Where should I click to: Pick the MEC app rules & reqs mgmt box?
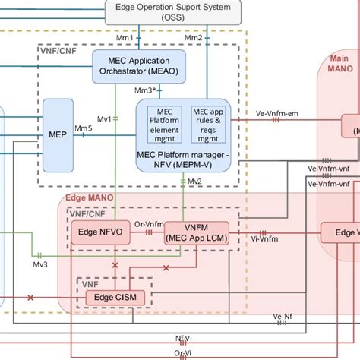(207, 121)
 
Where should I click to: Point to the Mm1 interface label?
(125, 37)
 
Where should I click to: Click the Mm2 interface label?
(193, 37)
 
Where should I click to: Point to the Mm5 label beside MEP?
(83, 128)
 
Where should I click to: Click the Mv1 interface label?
(106, 118)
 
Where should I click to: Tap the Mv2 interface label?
(194, 181)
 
